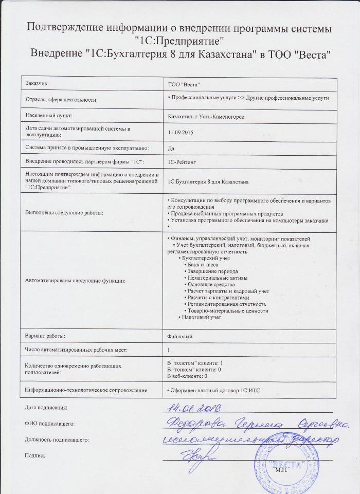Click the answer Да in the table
pyautogui.click(x=171, y=148)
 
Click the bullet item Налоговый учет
pyautogui.click(x=201, y=317)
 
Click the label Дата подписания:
pyautogui.click(x=46, y=408)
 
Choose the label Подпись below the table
pyautogui.click(x=35, y=455)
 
